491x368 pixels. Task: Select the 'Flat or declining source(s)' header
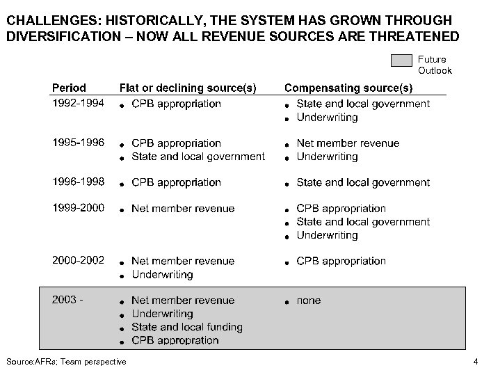(x=187, y=88)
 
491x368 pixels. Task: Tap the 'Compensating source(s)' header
(x=348, y=88)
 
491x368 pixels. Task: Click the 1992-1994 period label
(x=79, y=103)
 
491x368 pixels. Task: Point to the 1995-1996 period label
(x=79, y=143)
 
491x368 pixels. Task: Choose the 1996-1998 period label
(x=79, y=182)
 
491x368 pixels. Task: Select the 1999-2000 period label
(x=79, y=208)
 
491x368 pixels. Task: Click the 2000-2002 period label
(x=79, y=260)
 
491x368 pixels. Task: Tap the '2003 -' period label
(x=68, y=300)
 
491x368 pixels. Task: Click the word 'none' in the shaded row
(x=309, y=301)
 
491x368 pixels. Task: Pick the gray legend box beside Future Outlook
(x=402, y=61)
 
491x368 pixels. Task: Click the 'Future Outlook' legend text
(x=435, y=65)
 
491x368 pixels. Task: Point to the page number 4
(x=475, y=361)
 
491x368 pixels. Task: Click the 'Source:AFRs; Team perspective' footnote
(x=66, y=361)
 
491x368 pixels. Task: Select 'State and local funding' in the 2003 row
(x=187, y=327)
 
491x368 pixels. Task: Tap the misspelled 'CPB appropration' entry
(x=175, y=340)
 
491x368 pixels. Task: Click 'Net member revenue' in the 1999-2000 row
(x=183, y=209)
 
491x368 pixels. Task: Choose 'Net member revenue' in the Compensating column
(x=348, y=143)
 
